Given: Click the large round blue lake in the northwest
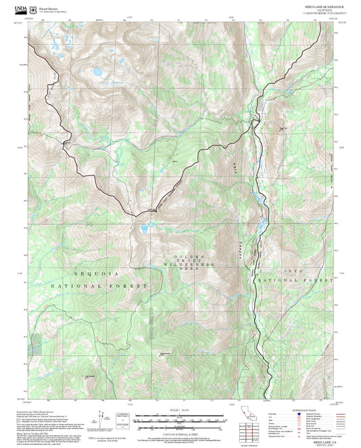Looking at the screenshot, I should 98,71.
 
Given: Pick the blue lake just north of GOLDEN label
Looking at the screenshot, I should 144,229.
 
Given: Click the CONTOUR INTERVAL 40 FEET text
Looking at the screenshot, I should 179,432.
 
